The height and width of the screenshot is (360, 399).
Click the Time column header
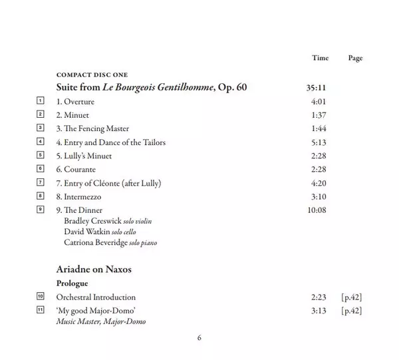point(320,59)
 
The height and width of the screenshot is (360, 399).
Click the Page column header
point(355,59)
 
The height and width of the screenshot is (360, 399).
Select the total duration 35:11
point(316,87)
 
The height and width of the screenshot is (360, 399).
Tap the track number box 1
point(41,101)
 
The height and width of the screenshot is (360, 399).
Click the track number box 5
point(41,156)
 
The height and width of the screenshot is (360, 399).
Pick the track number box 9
point(41,210)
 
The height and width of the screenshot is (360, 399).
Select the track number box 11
point(41,311)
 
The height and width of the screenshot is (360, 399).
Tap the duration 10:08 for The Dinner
point(316,210)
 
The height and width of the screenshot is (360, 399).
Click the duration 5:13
point(319,142)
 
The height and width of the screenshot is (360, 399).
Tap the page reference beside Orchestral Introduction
point(350,297)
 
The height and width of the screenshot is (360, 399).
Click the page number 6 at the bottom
point(199,337)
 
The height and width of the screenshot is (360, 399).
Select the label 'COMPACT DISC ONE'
point(92,75)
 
